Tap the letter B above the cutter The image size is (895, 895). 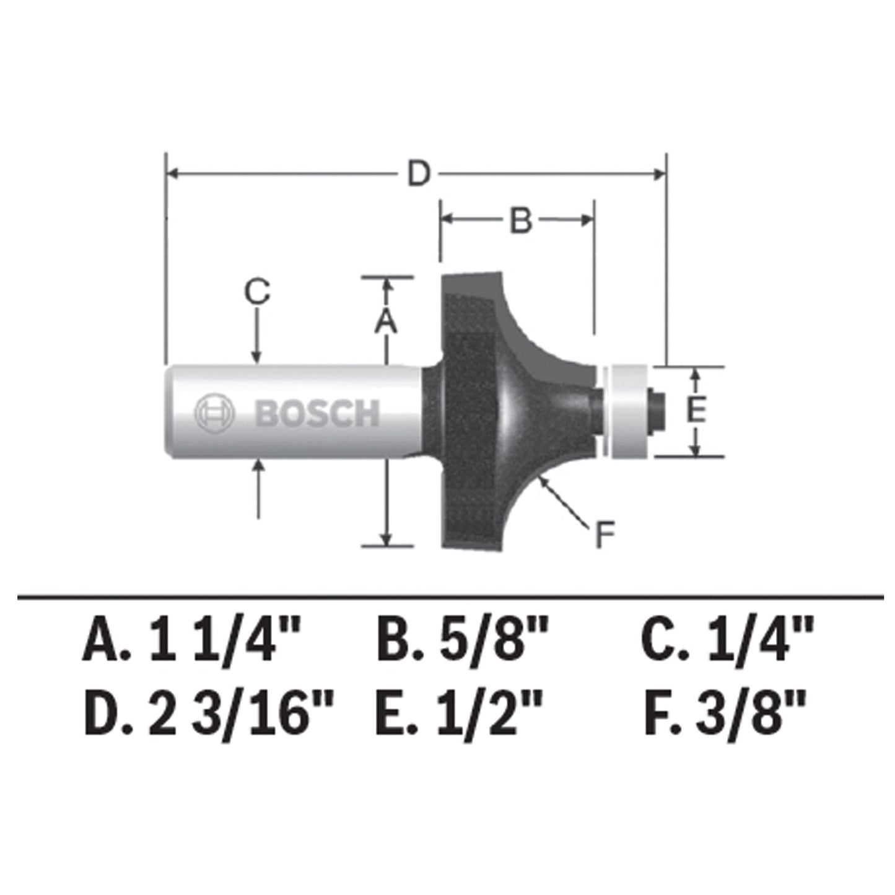click(x=521, y=220)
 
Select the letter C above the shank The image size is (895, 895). click(x=256, y=291)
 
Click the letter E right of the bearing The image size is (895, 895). click(x=696, y=411)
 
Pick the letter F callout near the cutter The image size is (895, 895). click(x=604, y=535)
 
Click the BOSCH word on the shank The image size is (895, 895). click(x=317, y=413)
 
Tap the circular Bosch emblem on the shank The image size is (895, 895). click(x=214, y=413)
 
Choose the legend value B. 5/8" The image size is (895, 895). click(x=463, y=643)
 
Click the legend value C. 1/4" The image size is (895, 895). click(x=727, y=643)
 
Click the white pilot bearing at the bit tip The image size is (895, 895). click(x=627, y=412)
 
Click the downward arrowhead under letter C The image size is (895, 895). click(x=256, y=356)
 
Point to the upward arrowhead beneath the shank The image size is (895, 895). click(x=258, y=466)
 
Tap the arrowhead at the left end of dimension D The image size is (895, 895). click(x=173, y=174)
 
